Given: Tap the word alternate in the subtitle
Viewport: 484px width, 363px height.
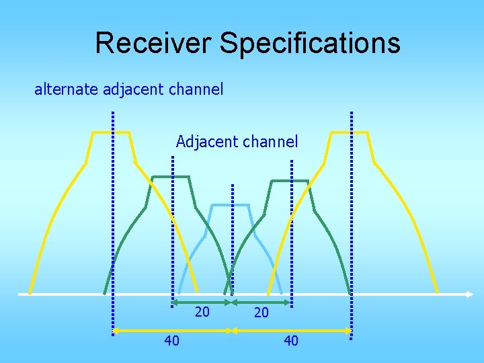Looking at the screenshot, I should tap(67, 89).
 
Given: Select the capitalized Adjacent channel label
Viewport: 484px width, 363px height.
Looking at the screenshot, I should tap(237, 142).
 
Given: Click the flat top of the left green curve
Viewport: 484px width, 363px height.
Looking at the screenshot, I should tap(171, 177).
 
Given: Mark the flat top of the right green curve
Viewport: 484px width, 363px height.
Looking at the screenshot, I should tap(289, 181).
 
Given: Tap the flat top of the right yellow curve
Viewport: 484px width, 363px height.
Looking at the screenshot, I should tap(350, 132).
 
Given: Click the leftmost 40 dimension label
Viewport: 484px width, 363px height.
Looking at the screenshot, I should tap(172, 341).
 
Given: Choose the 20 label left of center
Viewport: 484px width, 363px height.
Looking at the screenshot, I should tap(202, 312).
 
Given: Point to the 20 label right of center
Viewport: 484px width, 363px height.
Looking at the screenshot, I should tap(261, 313).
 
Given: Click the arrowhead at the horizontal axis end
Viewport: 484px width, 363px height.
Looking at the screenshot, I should tap(471, 294).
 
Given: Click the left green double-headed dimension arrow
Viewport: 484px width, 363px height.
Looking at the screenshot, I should tap(202, 302).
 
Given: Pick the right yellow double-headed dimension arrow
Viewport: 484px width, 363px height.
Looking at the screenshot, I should tap(292, 330).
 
